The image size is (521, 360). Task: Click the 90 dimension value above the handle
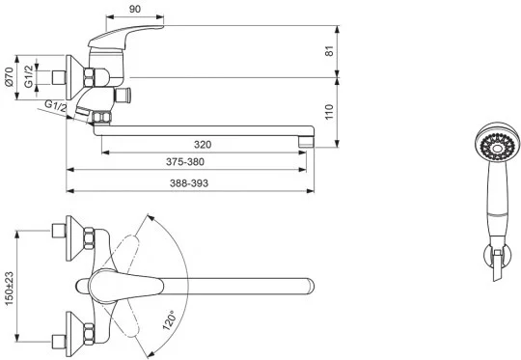pos(135,10)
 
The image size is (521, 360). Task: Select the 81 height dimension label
pos(329,51)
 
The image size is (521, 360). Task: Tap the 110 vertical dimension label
pos(329,112)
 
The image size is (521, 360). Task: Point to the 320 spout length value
pos(203,145)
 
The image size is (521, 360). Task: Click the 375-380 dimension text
pos(185,162)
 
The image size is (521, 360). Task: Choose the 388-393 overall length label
pos(189,183)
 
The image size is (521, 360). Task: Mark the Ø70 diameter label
pos(9,77)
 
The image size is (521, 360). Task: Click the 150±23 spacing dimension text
pos(9,289)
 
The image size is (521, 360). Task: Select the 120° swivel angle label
pos(169,320)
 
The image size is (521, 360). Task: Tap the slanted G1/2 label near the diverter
pos(56,106)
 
